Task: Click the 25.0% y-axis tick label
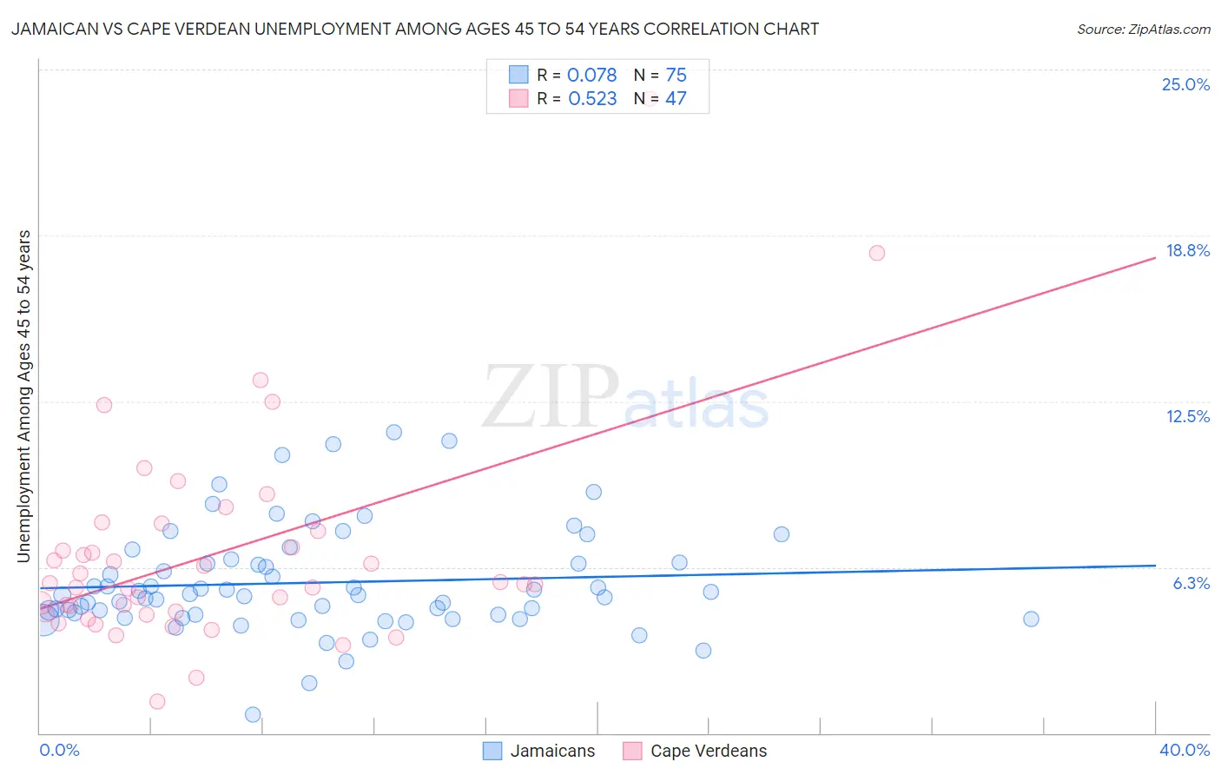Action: click(1185, 84)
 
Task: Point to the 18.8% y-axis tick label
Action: click(1187, 250)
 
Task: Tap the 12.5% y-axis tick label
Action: click(1187, 416)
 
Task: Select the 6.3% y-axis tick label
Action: click(1191, 583)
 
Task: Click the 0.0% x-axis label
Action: click(59, 750)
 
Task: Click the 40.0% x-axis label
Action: click(1184, 750)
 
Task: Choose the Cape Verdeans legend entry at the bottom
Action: click(696, 751)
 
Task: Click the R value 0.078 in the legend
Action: click(591, 76)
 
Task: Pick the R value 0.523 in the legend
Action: click(592, 99)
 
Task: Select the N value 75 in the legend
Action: click(676, 76)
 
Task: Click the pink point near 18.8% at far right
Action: click(876, 253)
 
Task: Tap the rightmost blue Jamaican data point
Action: click(1031, 619)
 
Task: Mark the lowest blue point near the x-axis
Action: click(253, 714)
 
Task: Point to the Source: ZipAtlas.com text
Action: click(1143, 30)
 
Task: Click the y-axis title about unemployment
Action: click(23, 395)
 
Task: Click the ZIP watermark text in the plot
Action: click(550, 397)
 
